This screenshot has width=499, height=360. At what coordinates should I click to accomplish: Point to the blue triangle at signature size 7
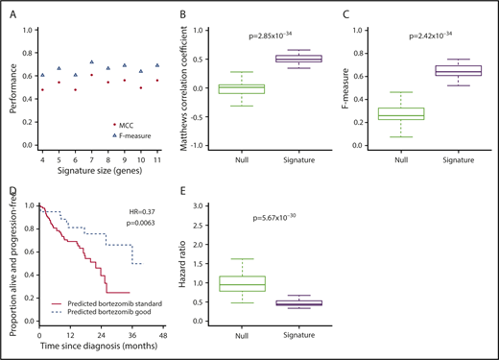pyautogui.click(x=92, y=60)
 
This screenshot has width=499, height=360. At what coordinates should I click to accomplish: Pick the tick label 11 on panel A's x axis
pyautogui.click(x=157, y=160)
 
